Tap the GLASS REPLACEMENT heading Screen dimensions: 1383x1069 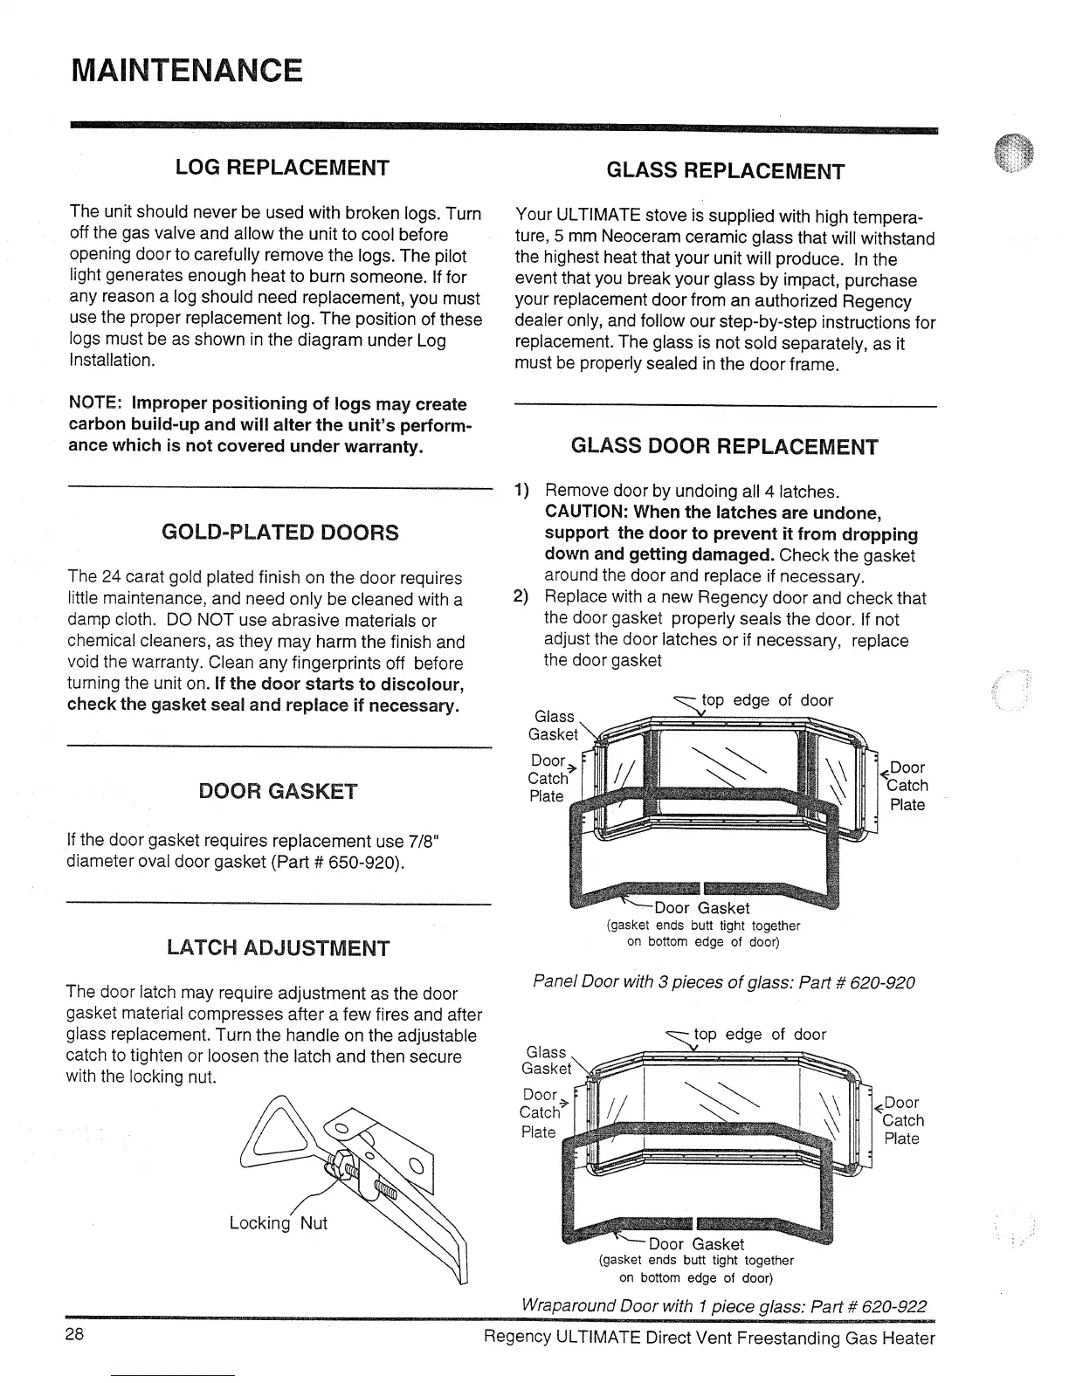tap(725, 171)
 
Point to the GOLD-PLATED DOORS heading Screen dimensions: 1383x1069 tap(280, 533)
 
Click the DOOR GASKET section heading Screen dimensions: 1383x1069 tap(278, 792)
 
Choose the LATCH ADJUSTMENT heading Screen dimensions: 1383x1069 tap(278, 948)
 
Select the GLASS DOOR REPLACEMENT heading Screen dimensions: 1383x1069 tap(724, 447)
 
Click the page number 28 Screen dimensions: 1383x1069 tap(74, 1335)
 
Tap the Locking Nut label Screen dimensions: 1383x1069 tap(278, 1223)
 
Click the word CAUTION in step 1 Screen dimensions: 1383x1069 tap(584, 513)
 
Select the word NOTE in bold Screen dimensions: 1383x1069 tap(95, 404)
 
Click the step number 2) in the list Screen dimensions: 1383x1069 tap(521, 598)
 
